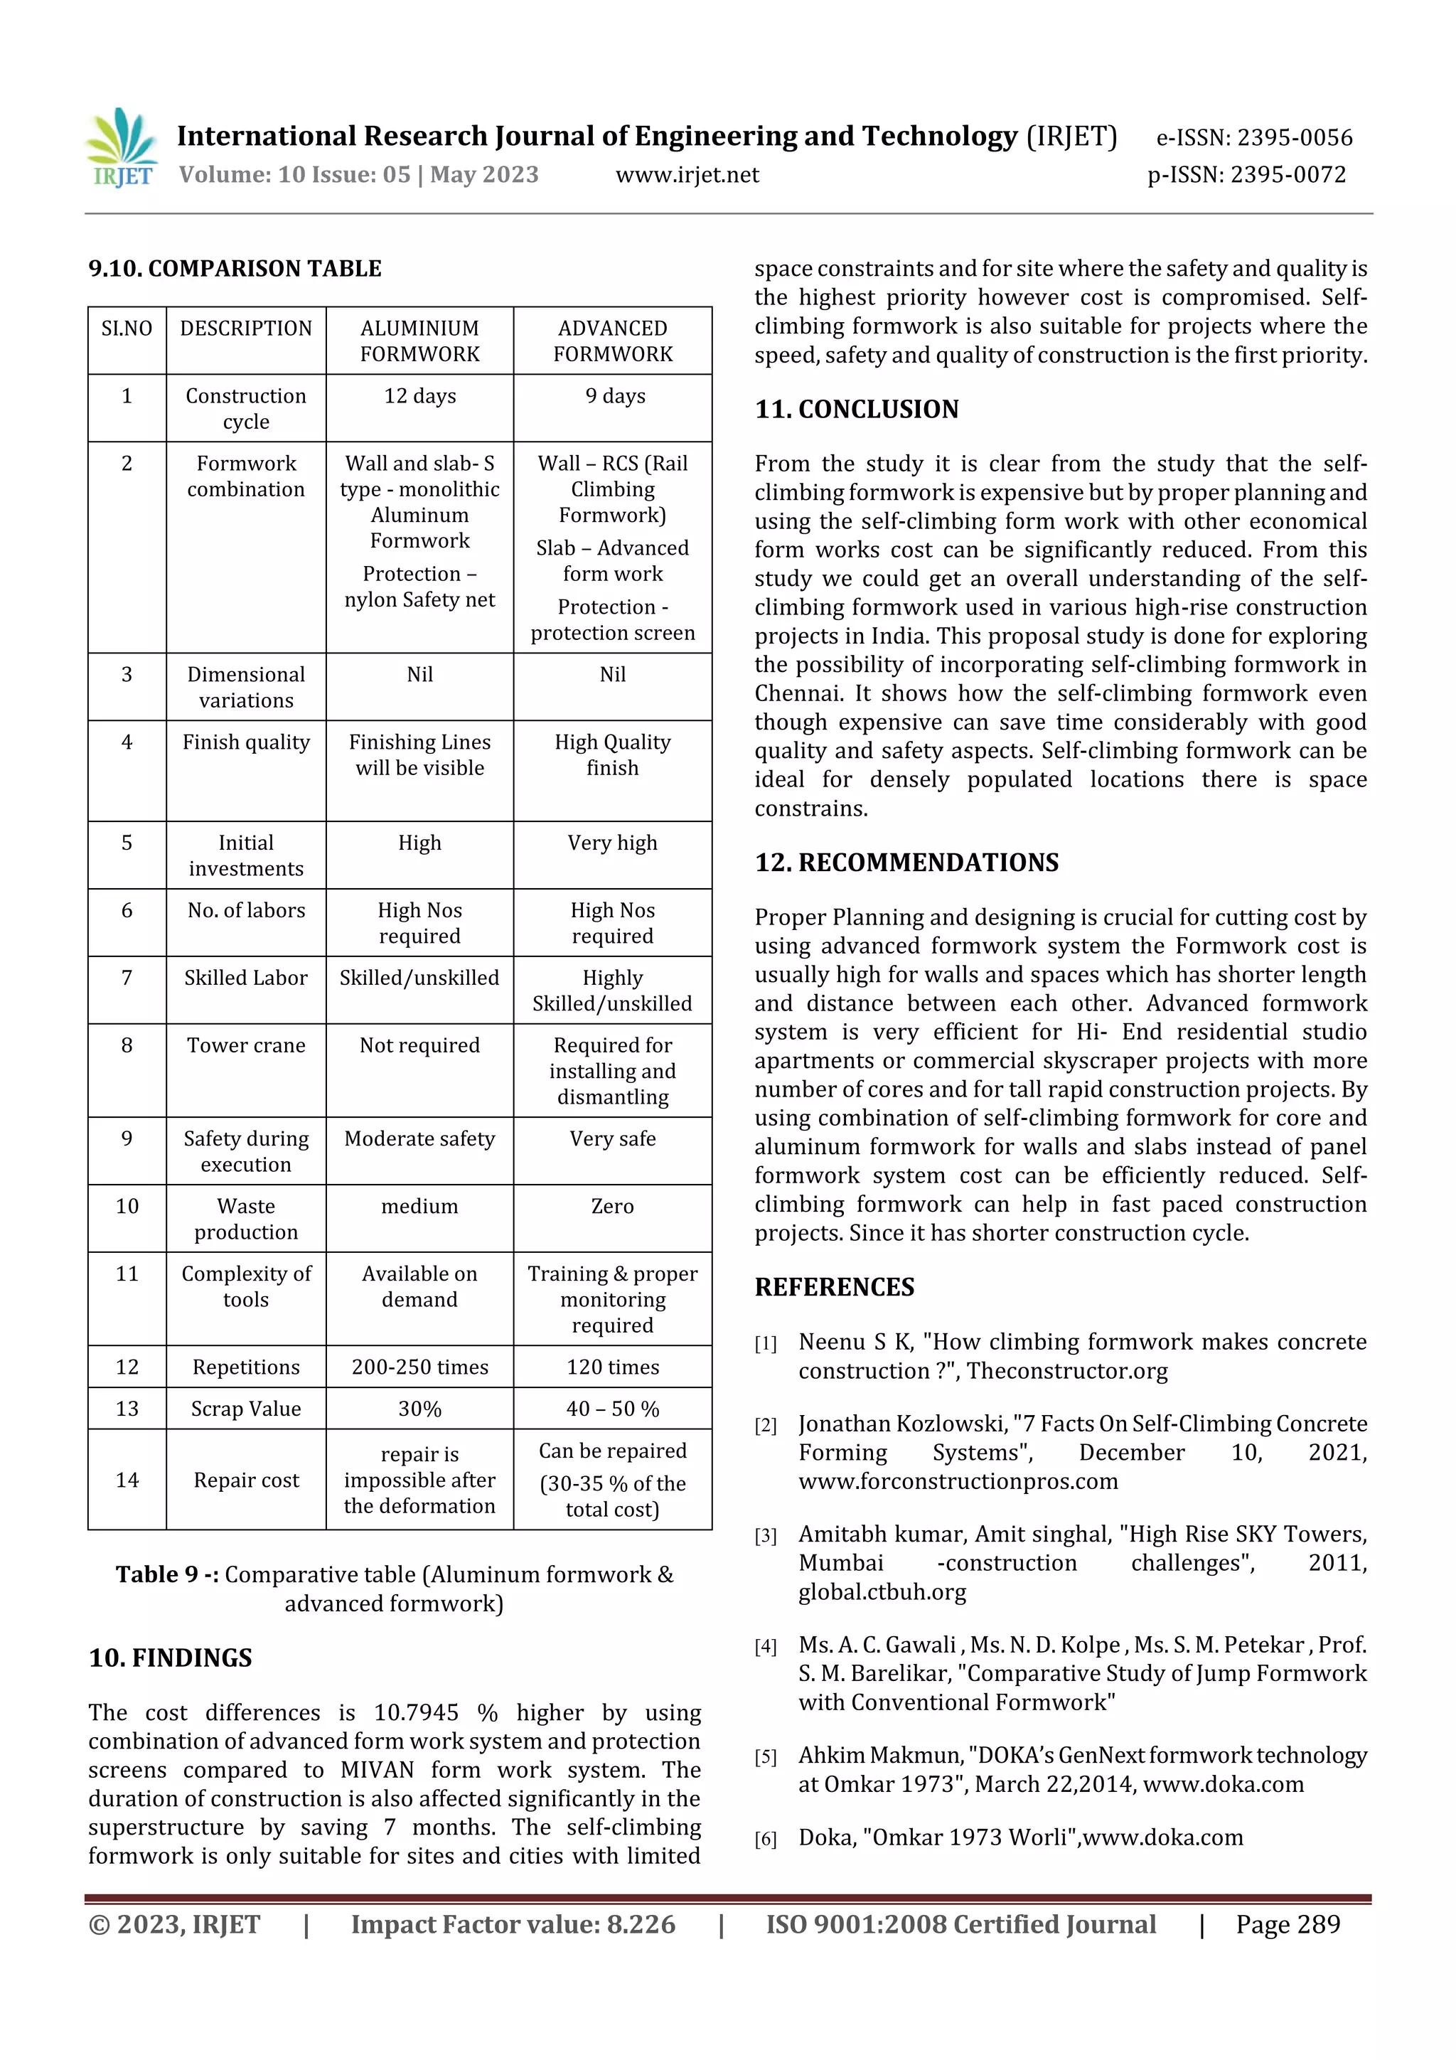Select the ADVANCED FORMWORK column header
pyautogui.click(x=612, y=341)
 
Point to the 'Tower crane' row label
pyautogui.click(x=246, y=1045)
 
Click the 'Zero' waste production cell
pyautogui.click(x=612, y=1206)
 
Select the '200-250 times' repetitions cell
pyautogui.click(x=420, y=1367)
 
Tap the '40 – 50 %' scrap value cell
pyautogui.click(x=612, y=1409)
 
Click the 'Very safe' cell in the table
pyautogui.click(x=612, y=1138)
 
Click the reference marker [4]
pyautogui.click(x=765, y=1646)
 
